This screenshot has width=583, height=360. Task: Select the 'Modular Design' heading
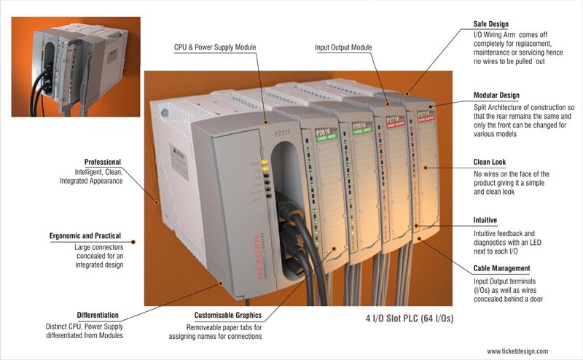[x=496, y=95]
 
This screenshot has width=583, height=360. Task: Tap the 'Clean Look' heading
[x=489, y=162]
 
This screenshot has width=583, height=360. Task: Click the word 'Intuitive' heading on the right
[x=485, y=220]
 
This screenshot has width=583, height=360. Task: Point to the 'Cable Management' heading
[x=501, y=268]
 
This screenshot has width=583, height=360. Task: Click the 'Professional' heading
[x=103, y=162]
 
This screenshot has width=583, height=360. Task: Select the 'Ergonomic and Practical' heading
[x=85, y=236]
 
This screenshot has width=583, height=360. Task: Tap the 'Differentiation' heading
[x=98, y=316]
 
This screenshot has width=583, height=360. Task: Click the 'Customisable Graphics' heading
[x=228, y=316]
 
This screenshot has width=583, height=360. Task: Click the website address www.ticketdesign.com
[x=517, y=351]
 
